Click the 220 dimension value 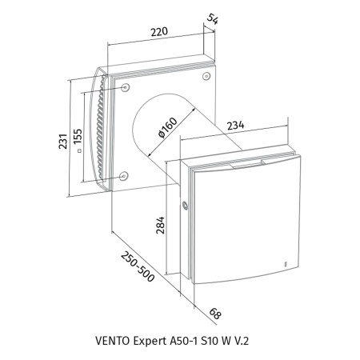click(159, 31)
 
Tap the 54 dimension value click(213, 19)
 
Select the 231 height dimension click(63, 141)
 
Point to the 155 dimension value click(78, 137)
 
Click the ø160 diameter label click(167, 127)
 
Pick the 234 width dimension click(235, 126)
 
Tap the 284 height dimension click(160, 226)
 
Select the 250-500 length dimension click(138, 266)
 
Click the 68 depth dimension click(215, 314)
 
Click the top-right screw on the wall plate click(206, 76)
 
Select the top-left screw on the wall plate click(125, 87)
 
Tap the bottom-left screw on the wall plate click(123, 176)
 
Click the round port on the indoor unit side click(184, 206)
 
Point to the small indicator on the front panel click(285, 263)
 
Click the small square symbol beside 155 click(78, 151)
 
